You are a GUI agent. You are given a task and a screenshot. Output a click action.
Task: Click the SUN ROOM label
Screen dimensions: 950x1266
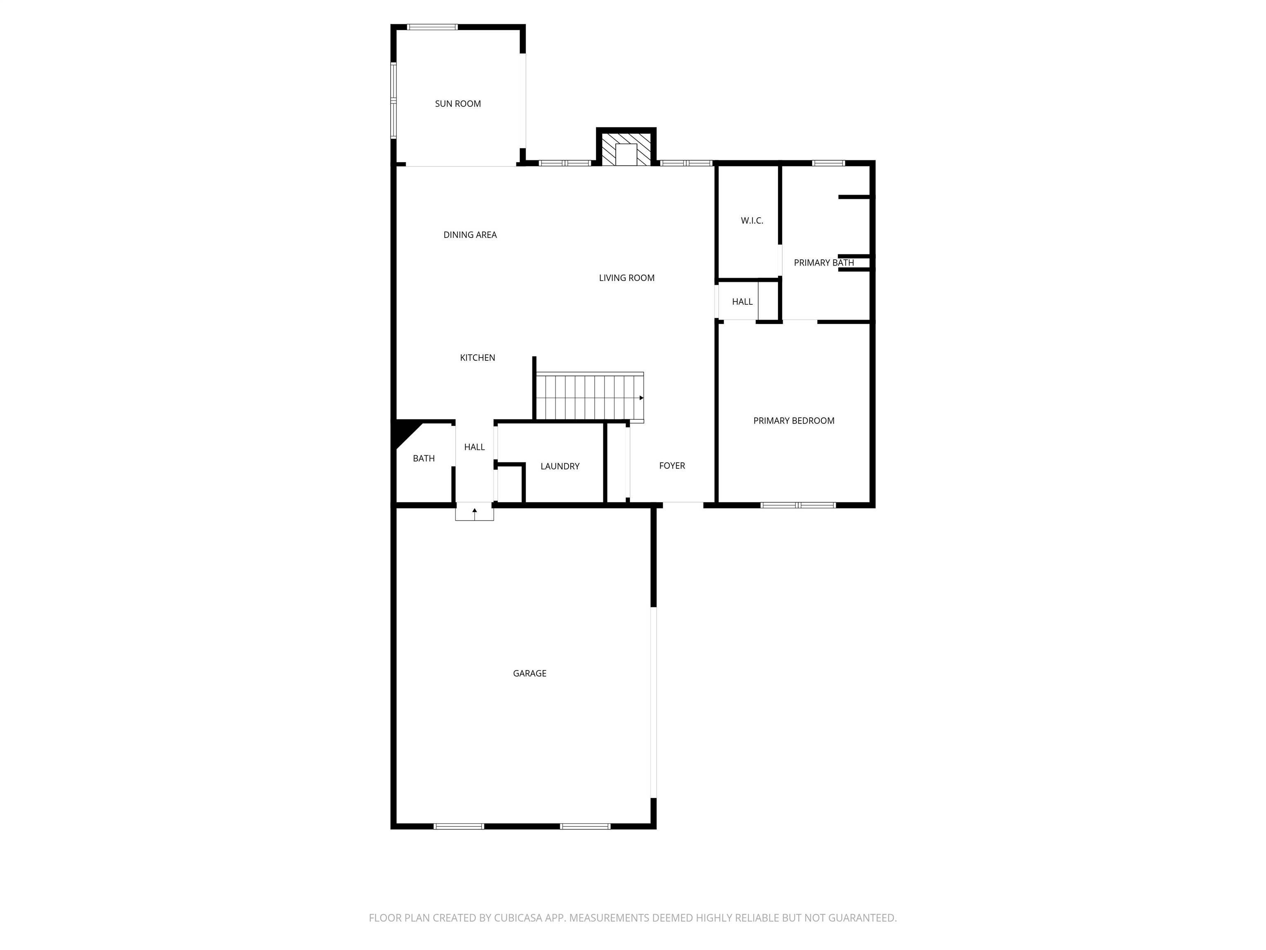pos(457,103)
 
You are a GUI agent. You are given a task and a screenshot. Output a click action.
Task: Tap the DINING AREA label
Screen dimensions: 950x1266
pos(470,235)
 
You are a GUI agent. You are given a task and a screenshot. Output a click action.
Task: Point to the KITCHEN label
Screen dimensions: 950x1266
pos(477,357)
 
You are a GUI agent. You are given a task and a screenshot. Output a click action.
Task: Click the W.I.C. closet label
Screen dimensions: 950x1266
pos(751,221)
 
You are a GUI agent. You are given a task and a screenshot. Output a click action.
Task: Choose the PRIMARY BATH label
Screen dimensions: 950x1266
pos(823,263)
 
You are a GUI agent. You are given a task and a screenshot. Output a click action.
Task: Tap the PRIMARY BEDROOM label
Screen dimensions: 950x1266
pos(793,420)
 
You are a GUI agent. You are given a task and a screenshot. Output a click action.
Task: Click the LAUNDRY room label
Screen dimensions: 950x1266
pos(560,466)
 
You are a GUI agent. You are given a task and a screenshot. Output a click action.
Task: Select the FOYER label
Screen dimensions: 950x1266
pos(671,466)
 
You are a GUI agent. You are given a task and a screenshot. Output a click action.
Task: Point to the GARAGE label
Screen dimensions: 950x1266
pos(530,673)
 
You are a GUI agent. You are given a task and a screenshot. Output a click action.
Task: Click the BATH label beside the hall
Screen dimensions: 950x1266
pos(424,458)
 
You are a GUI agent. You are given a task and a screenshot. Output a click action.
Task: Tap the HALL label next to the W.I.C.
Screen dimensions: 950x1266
pos(742,302)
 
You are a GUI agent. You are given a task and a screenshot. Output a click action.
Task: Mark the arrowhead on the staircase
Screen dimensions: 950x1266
pos(641,398)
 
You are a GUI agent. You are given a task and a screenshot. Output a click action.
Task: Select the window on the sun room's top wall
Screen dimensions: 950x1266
pos(432,27)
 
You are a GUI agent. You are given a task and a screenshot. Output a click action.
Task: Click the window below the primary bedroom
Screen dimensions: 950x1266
pos(797,505)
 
